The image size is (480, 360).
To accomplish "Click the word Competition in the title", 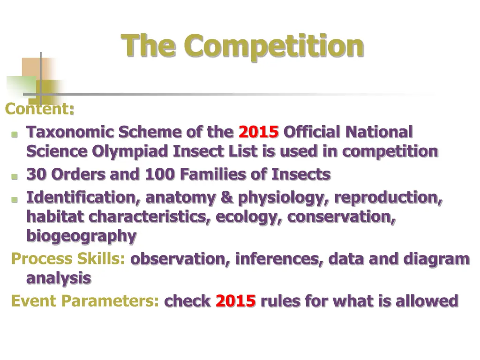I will (x=276, y=46).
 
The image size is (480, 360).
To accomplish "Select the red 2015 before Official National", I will (x=259, y=133).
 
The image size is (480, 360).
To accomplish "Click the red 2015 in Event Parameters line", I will (x=235, y=301).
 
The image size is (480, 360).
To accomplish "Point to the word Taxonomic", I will (x=70, y=133).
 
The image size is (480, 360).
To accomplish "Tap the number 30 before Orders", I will (x=37, y=175).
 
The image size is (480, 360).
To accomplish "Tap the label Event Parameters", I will (x=85, y=301).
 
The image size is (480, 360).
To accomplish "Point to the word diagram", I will (x=436, y=259).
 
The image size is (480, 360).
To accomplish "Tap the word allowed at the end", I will (x=427, y=301).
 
